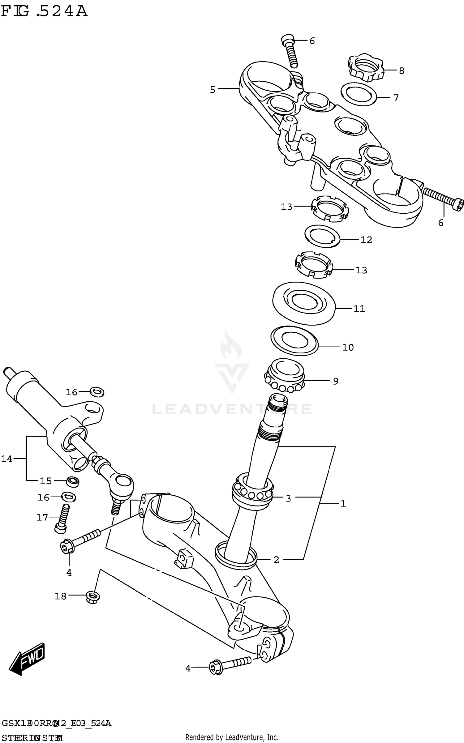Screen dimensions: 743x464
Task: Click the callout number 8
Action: pyautogui.click(x=402, y=71)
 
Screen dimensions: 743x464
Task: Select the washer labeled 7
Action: pyautogui.click(x=358, y=94)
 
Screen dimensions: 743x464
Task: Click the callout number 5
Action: pyautogui.click(x=213, y=90)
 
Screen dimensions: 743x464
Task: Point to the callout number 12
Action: pyautogui.click(x=366, y=240)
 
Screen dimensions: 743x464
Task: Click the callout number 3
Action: pyautogui.click(x=288, y=498)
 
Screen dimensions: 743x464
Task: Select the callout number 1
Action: pyautogui.click(x=343, y=504)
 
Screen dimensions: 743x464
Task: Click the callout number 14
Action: pyautogui.click(x=6, y=459)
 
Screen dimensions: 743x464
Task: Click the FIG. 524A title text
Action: pyautogui.click(x=44, y=11)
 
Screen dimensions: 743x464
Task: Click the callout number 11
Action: pyautogui.click(x=359, y=309)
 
